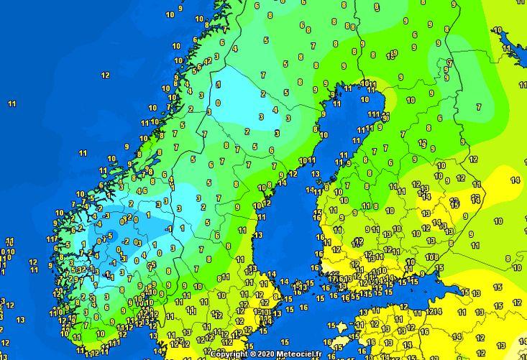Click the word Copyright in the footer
[x=229, y=354]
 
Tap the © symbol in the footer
[x=253, y=354]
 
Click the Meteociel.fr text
[x=301, y=354]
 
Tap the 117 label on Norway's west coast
[x=52, y=239]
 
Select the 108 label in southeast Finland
[x=431, y=257]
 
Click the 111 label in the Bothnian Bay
[x=374, y=114]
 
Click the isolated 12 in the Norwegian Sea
[x=105, y=75]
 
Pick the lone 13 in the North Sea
[x=20, y=319]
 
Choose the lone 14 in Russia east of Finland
[x=515, y=180]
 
